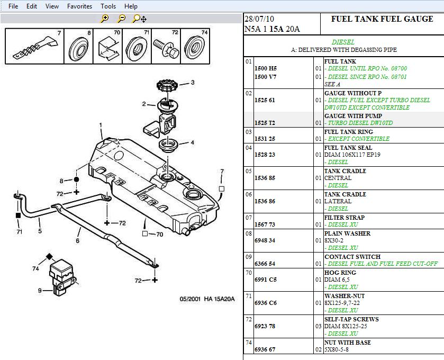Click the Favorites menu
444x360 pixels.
tap(79, 6)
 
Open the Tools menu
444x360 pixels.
tap(108, 6)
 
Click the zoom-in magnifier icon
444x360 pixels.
tap(105, 19)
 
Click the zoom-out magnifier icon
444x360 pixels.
tap(122, 19)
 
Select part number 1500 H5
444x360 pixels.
tap(266, 69)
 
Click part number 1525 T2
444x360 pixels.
tap(265, 123)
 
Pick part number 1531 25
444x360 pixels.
tap(265, 139)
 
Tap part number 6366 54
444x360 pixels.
tap(265, 264)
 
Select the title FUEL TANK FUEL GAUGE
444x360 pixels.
tap(382, 19)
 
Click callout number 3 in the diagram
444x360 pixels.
tap(193, 83)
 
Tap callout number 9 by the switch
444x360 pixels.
tap(39, 290)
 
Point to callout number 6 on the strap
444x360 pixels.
tap(77, 240)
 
